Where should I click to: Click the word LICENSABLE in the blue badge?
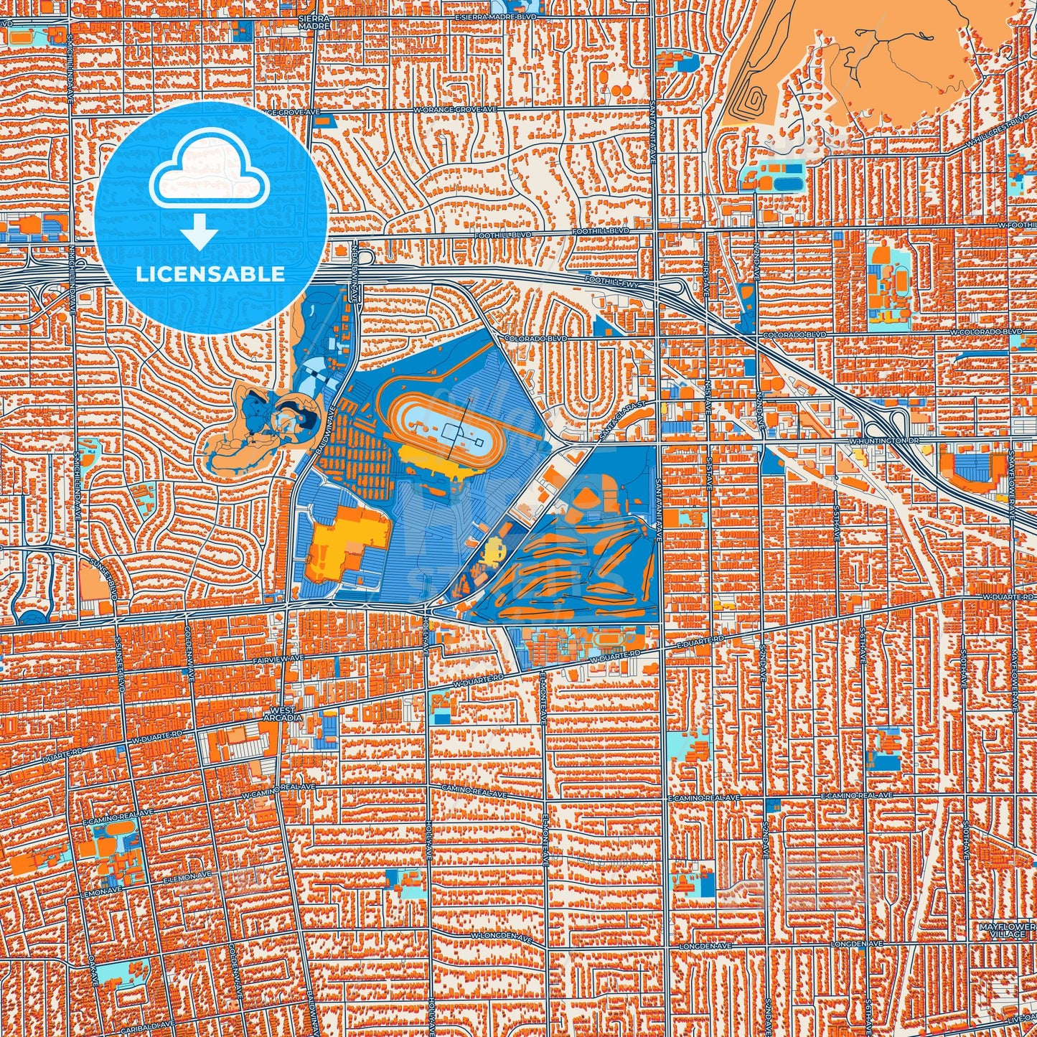coord(211,274)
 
